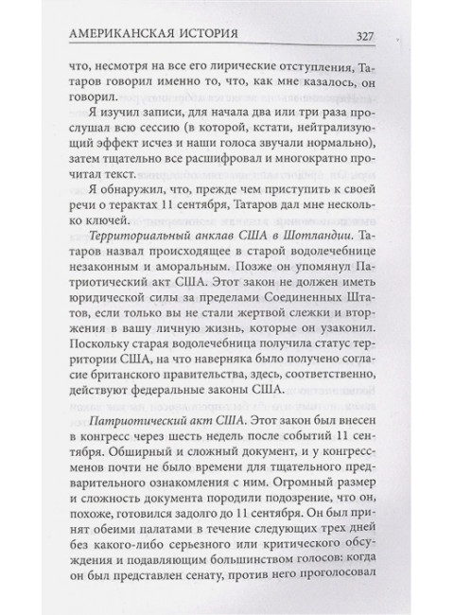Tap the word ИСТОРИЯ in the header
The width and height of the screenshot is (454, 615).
[x=221, y=36]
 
